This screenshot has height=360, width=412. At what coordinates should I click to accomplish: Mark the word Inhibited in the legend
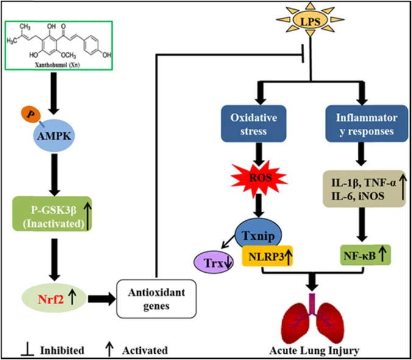coord(61,350)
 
